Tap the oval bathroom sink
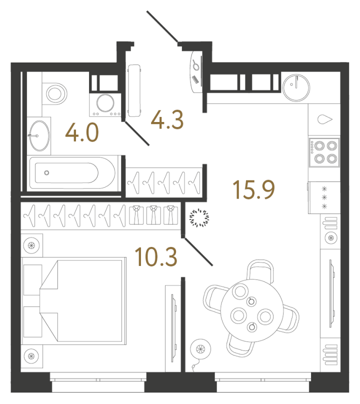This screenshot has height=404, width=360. point(39,134)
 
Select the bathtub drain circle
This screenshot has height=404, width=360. point(46,173)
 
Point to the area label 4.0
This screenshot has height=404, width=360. point(82,134)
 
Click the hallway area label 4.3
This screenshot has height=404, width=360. point(167,120)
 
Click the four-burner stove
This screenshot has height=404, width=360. point(323,152)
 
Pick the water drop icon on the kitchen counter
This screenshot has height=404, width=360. point(324,119)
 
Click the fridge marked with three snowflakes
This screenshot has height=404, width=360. point(323,197)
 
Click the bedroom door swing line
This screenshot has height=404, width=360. point(199,251)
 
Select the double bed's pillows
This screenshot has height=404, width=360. point(32,292)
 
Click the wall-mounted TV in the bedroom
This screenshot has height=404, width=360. point(174,325)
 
